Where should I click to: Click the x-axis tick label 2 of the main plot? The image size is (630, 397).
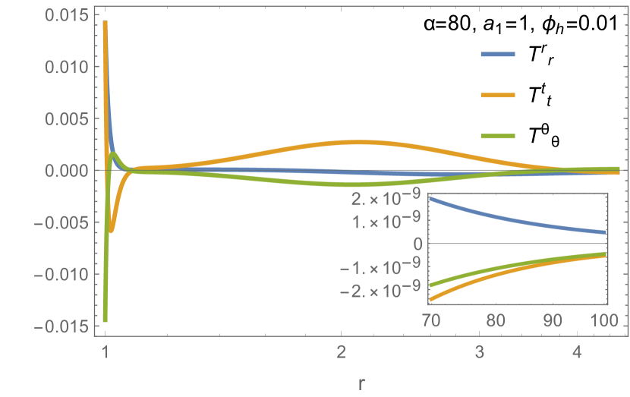pos(342,353)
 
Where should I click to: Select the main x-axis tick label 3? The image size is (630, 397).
pos(479,353)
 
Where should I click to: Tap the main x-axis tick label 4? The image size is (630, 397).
pos(577,353)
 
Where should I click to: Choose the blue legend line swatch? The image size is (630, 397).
pos(498,55)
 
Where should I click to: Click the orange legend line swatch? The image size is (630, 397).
pos(498,96)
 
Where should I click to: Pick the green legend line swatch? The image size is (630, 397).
pos(498,137)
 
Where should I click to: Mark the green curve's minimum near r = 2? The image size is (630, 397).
pos(351,184)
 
